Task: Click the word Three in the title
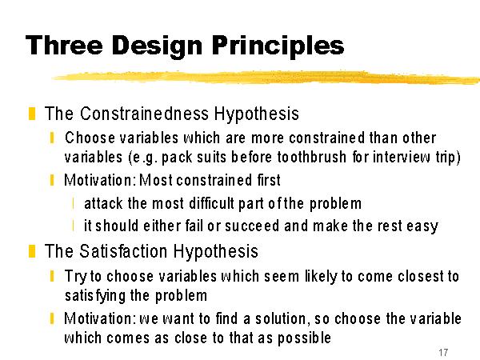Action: [64, 46]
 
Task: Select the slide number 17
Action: [443, 352]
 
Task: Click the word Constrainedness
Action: [145, 114]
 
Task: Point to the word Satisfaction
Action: [123, 251]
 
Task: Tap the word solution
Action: [281, 318]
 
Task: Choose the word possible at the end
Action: [304, 338]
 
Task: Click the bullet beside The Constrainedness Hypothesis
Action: [32, 114]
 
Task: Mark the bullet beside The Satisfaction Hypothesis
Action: [32, 251]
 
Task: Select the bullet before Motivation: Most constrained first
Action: [52, 180]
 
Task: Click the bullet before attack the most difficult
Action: [74, 203]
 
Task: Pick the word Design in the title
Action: [157, 46]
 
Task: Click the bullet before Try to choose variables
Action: [52, 276]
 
